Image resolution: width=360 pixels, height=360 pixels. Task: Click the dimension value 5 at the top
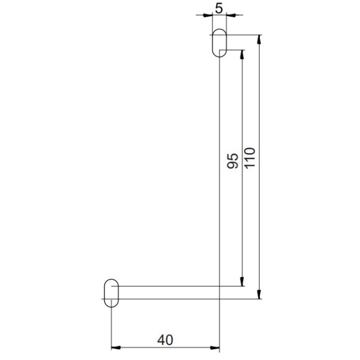[x=220, y=9]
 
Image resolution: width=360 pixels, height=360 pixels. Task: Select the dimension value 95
[x=233, y=160]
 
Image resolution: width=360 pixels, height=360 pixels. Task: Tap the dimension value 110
[x=250, y=158]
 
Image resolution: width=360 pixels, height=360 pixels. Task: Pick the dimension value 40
[x=165, y=339]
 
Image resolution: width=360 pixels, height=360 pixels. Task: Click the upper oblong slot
[x=220, y=43]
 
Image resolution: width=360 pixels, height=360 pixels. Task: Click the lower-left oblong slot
[x=112, y=293]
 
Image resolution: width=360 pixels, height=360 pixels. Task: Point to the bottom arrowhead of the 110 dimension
[x=259, y=294]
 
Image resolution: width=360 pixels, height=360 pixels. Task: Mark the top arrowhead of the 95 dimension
[x=242, y=54]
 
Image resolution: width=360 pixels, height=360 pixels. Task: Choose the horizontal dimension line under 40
[x=165, y=347]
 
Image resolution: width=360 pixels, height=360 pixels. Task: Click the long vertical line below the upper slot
[x=220, y=180]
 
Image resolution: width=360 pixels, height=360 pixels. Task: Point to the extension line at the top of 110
[x=243, y=34]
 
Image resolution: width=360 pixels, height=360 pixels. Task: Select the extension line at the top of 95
[x=235, y=50]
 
